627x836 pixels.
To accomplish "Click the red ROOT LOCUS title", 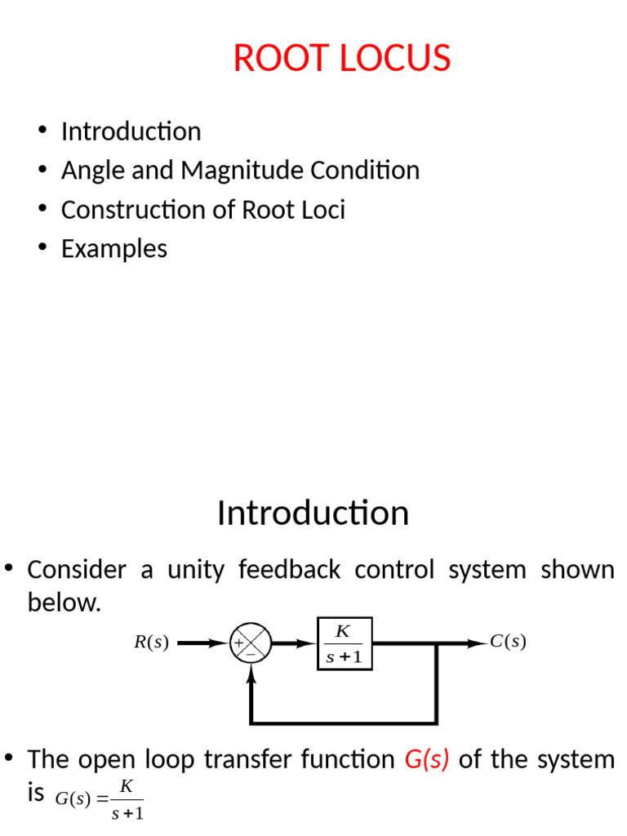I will tap(342, 59).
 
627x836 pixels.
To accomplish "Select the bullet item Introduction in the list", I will tap(131, 131).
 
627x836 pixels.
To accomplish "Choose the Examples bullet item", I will tap(114, 249).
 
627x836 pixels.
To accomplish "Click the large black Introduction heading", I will tap(313, 514).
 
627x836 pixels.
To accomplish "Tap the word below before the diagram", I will tap(64, 603).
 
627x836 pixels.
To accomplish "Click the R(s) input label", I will tap(151, 643).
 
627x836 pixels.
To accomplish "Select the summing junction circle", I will tap(251, 643).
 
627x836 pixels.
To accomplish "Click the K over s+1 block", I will tap(345, 643).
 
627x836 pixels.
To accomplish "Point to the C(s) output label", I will tap(508, 643).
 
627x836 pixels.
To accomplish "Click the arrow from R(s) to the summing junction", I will tap(202, 643).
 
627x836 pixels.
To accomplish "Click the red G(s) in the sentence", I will tap(427, 760).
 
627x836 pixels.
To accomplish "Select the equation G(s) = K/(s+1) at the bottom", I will tap(99, 799).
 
